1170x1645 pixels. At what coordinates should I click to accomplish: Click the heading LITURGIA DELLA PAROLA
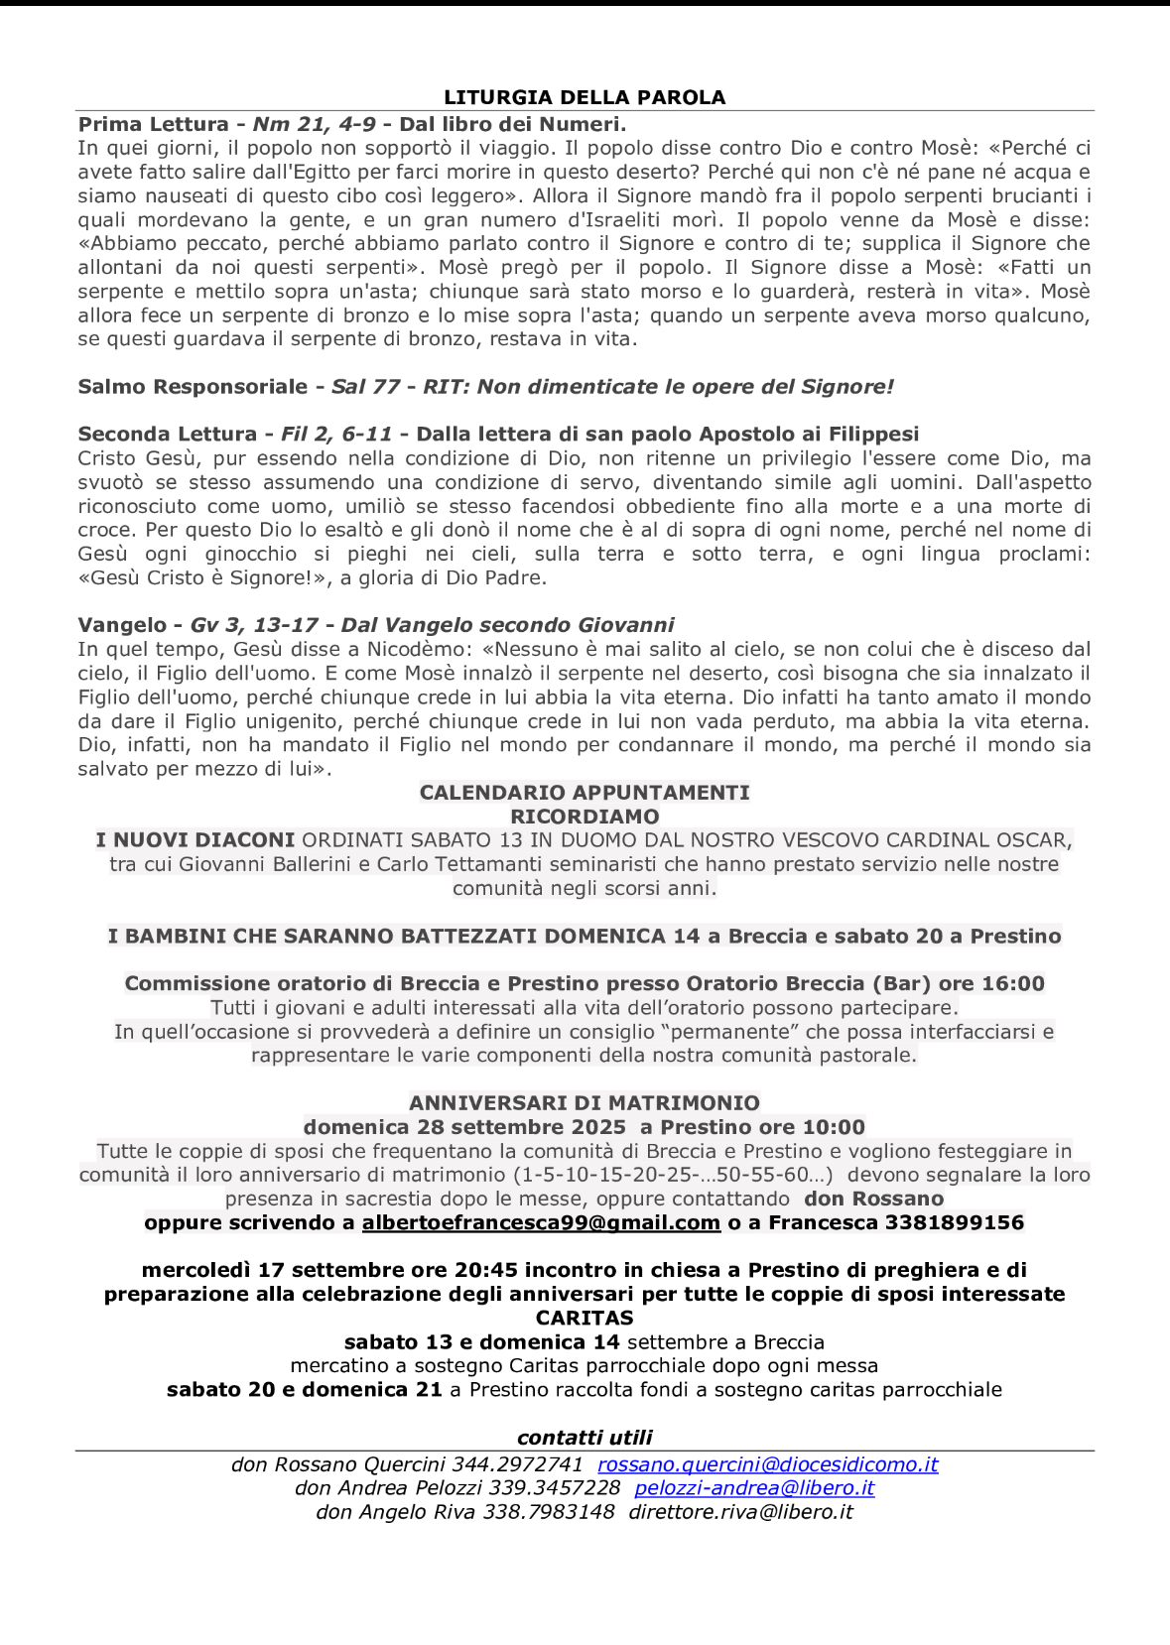[585, 97]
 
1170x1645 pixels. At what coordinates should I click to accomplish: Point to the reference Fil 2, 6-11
[336, 435]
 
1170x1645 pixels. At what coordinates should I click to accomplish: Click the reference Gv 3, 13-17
[254, 625]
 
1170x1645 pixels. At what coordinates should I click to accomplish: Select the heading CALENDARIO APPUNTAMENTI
[585, 793]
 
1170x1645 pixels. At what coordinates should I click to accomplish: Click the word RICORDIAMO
[585, 817]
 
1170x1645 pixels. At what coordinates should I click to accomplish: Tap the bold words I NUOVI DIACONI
[195, 840]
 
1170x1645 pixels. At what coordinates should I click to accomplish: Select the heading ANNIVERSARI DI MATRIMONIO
[585, 1103]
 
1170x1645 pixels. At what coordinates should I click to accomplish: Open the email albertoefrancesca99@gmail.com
[541, 1222]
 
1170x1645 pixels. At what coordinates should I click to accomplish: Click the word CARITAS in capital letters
[585, 1319]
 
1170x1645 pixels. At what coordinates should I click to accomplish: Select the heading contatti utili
[585, 1438]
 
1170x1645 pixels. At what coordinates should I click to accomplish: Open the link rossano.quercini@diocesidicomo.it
[767, 1464]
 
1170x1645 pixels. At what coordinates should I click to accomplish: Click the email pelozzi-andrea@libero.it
[754, 1488]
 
